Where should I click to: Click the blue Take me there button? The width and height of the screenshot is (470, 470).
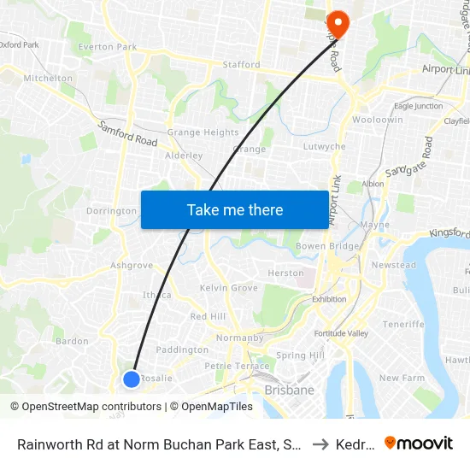pos(234,209)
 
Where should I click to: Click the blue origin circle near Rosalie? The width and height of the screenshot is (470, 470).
pos(131,379)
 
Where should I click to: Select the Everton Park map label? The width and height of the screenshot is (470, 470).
pos(108,47)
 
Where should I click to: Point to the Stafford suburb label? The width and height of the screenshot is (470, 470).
pos(241,64)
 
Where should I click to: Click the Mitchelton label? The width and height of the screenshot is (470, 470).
pos(48,78)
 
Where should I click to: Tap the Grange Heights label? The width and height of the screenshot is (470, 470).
pos(203,132)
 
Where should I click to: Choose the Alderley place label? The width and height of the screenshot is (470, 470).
pos(184,156)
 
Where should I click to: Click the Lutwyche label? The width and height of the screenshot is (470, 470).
pos(325,147)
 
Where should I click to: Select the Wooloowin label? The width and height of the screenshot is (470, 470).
pos(377,120)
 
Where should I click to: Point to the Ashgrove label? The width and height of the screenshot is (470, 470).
pos(132,265)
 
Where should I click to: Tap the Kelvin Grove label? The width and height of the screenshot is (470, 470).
pos(228,288)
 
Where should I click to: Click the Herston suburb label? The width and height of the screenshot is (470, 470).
pos(285,273)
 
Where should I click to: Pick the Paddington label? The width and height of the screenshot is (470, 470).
pos(182,350)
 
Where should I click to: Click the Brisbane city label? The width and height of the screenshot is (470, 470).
pos(289,391)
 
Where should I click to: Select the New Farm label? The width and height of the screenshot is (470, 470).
pos(402,378)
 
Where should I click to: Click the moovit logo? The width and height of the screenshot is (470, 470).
pos(419,443)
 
